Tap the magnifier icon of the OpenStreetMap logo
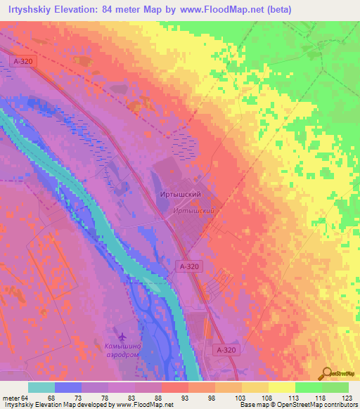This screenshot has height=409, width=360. [328, 373]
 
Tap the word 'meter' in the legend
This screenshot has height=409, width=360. [10, 398]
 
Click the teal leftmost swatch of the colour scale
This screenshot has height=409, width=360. [41, 387]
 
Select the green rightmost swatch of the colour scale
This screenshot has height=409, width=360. [335, 387]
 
